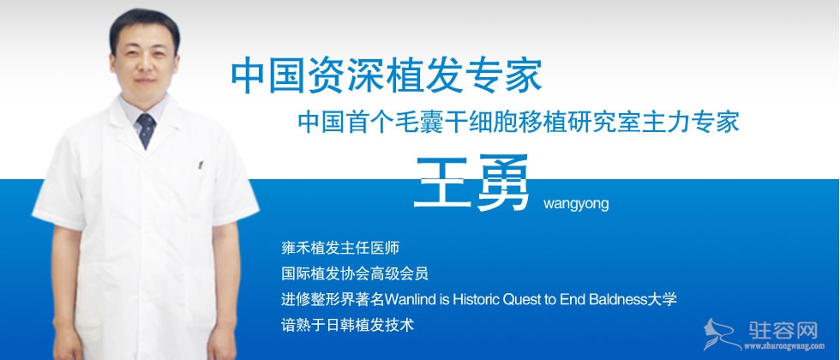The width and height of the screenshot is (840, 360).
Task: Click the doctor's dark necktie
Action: pos(146,129)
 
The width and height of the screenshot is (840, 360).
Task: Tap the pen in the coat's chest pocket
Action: pos(201,164)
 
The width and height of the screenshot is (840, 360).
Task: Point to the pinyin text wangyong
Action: pos(576,205)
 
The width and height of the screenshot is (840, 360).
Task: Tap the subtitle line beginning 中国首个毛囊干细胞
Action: pos(518,123)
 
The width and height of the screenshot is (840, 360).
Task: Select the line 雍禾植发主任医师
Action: pos(340,249)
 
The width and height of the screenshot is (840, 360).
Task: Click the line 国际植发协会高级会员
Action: pos(355,274)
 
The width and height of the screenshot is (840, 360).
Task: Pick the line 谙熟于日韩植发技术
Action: pos(347,325)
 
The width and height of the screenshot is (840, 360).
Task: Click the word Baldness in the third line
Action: pos(618,299)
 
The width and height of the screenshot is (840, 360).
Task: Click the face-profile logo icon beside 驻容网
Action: pos(721,334)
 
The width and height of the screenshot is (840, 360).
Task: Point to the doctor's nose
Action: pos(145,64)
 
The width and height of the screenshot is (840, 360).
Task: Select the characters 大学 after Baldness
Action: pos(662,299)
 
